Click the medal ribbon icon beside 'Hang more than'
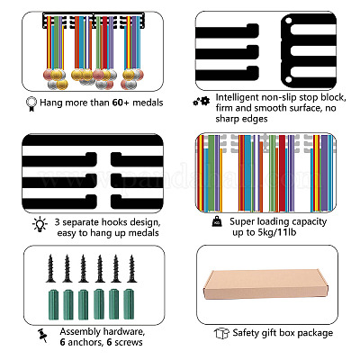click(31, 103)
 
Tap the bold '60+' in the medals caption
click(121, 103)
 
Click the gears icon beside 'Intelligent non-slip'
click(202, 102)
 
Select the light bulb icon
click(40, 224)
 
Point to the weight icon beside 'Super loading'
click(217, 222)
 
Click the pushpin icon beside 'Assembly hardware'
click(42, 336)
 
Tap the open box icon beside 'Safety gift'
click(221, 333)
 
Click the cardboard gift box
click(265, 283)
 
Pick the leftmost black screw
click(50, 268)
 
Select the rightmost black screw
click(131, 268)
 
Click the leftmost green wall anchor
click(53, 304)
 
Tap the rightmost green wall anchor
click(129, 304)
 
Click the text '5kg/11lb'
click(277, 232)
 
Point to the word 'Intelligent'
click(237, 98)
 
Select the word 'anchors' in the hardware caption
click(85, 342)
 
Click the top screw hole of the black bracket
click(288, 21)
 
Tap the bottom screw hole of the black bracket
click(288, 79)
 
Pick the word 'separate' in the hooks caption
click(81, 222)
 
